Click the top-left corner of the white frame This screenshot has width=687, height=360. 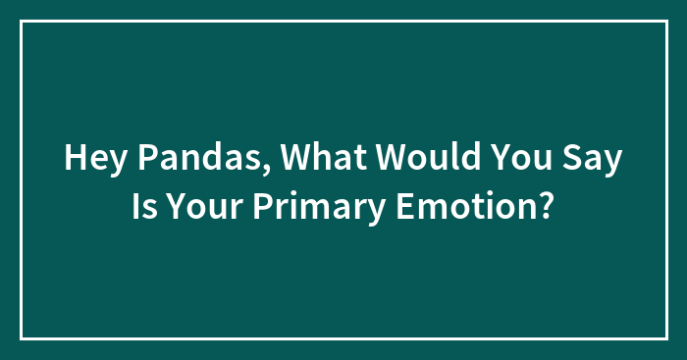tap(22, 22)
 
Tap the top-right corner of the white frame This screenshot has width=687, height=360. tap(665, 22)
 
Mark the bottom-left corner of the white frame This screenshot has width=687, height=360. tap(22, 338)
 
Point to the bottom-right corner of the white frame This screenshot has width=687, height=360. tap(665, 338)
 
